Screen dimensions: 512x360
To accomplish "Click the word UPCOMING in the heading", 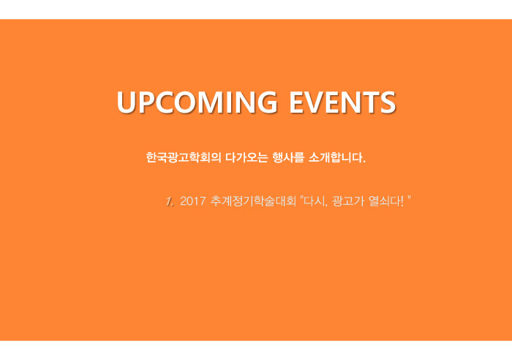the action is click(197, 102).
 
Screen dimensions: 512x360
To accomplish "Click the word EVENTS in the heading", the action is click(342, 102).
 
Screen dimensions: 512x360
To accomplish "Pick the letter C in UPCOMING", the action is click(163, 102).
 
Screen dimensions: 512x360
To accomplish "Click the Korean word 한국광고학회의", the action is click(184, 157).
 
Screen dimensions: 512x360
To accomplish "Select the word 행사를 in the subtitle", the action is click(288, 157).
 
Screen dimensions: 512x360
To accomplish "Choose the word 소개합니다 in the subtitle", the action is click(335, 157).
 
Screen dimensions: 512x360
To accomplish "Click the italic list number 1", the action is click(169, 201).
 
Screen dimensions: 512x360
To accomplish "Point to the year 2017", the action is click(193, 201).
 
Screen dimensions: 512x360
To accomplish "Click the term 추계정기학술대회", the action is click(253, 201).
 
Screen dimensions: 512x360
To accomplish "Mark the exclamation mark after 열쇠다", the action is click(402, 201).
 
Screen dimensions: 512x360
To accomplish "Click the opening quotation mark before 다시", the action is click(301, 198).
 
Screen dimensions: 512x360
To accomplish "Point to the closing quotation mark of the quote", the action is click(409, 198).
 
